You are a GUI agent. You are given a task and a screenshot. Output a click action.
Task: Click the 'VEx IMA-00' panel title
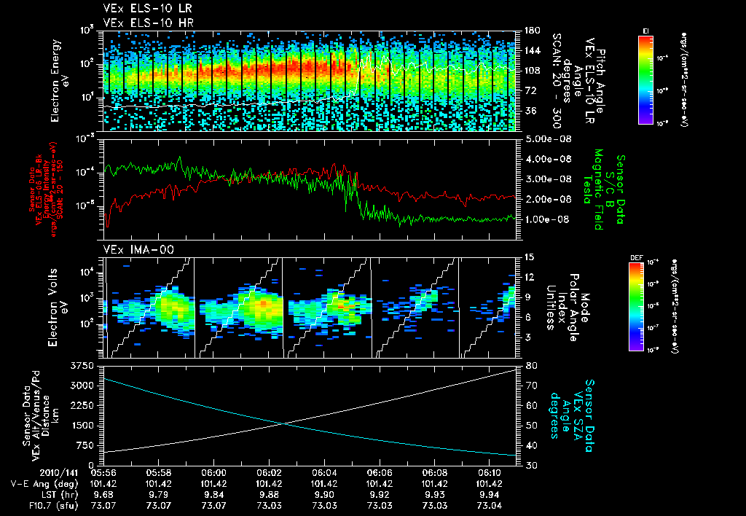click(x=132, y=250)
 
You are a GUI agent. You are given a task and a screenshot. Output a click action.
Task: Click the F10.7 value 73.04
click(x=490, y=505)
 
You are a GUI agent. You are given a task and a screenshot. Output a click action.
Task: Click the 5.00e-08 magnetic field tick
click(x=546, y=138)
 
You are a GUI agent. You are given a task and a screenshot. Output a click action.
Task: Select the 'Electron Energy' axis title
click(x=55, y=81)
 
